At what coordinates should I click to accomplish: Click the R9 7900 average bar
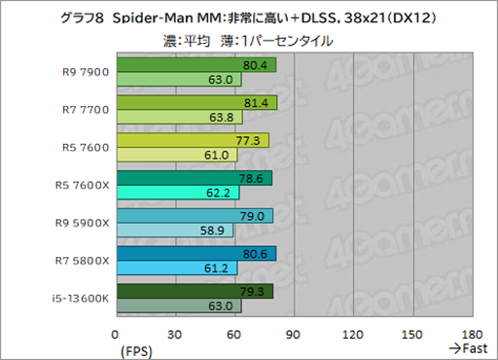tap(195, 65)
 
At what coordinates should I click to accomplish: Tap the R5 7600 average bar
tap(192, 140)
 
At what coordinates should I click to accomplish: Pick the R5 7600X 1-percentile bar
tap(177, 193)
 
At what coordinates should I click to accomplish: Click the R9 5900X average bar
tap(194, 216)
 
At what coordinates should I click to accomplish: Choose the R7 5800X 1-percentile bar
tap(176, 268)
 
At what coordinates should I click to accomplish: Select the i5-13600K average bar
tap(194, 291)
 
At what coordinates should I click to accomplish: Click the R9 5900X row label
tap(85, 223)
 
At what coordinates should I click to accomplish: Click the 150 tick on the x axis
tap(412, 333)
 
